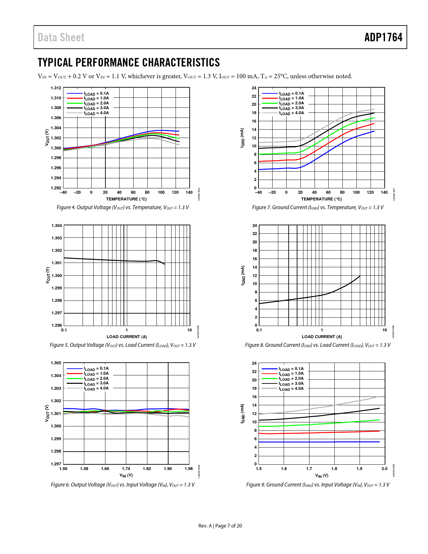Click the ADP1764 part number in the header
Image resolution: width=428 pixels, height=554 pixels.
click(x=383, y=37)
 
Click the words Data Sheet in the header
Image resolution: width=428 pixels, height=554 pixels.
click(x=61, y=37)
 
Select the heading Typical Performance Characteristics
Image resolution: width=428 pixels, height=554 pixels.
click(x=129, y=62)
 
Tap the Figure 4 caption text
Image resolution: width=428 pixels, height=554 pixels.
click(x=123, y=207)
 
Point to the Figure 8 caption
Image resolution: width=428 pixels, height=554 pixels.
click(x=318, y=345)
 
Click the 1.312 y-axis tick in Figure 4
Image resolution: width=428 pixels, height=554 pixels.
click(x=56, y=88)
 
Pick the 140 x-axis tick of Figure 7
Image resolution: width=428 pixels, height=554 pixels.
click(x=384, y=192)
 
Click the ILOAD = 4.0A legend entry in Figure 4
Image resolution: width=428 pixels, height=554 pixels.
click(x=96, y=113)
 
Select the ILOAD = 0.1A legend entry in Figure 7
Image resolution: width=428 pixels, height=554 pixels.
click(x=291, y=94)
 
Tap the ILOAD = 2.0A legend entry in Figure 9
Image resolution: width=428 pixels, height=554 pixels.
click(x=291, y=379)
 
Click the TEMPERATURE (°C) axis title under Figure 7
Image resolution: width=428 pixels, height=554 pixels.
click(x=321, y=199)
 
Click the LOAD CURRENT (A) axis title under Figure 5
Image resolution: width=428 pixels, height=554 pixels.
click(x=127, y=337)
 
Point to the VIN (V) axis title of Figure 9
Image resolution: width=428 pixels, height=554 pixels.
click(x=322, y=475)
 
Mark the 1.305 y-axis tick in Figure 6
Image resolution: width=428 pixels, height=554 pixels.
click(x=56, y=363)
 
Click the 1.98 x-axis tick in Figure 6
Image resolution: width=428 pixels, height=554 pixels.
click(x=189, y=469)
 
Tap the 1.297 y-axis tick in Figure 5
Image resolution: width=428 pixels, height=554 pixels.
click(x=57, y=313)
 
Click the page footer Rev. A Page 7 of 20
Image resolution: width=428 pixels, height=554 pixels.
click(x=220, y=526)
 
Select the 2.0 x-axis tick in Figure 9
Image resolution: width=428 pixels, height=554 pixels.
click(x=384, y=469)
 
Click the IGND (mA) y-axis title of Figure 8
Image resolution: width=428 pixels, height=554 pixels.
click(x=243, y=275)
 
